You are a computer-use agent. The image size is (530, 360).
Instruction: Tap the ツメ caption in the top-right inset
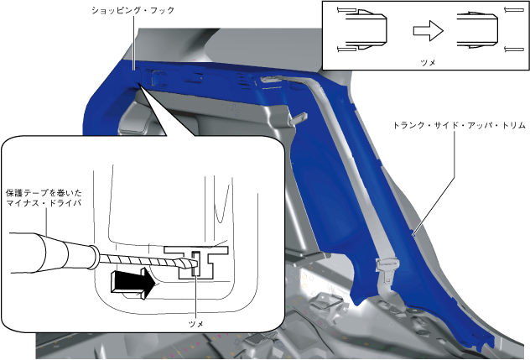pos(427,61)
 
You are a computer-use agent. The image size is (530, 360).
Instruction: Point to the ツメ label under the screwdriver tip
pos(196,322)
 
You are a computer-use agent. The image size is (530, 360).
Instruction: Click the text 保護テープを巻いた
pos(43,192)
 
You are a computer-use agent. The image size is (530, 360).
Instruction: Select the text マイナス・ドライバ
pos(43,204)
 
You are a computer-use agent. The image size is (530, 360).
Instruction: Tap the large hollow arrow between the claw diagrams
pos(428,30)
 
